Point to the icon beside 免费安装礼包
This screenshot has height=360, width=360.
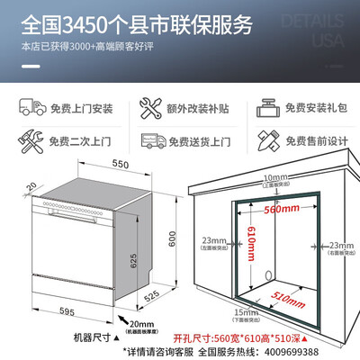[x=265, y=107]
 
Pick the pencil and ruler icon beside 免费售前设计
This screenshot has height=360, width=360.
[x=265, y=141]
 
